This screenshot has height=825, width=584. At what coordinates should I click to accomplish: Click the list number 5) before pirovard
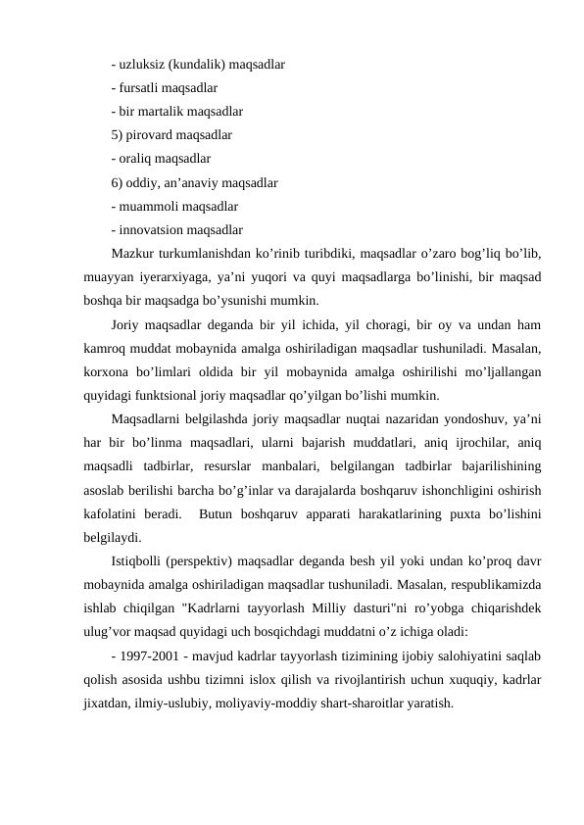(119, 134)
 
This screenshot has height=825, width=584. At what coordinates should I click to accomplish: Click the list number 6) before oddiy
(119, 181)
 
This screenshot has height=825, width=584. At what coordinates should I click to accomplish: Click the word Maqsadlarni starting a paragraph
(150, 419)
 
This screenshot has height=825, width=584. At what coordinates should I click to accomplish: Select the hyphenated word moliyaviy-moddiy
(269, 704)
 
